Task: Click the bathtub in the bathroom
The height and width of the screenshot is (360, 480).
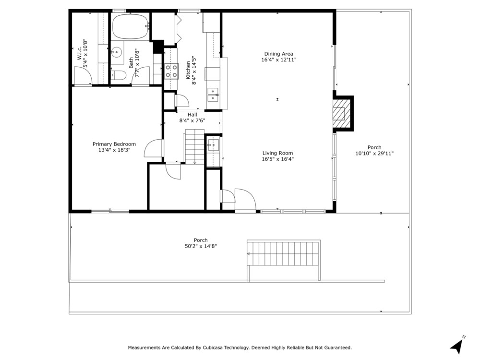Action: click(x=131, y=26)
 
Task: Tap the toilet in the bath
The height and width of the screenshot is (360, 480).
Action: click(x=118, y=75)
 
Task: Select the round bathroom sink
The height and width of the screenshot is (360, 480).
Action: click(x=116, y=52)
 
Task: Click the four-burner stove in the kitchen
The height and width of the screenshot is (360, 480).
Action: click(x=171, y=71)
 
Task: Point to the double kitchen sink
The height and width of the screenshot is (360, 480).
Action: click(x=213, y=95)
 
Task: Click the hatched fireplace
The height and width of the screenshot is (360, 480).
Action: click(x=342, y=114)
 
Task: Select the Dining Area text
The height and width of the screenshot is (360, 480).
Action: click(x=278, y=54)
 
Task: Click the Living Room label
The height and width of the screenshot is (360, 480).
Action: click(x=277, y=153)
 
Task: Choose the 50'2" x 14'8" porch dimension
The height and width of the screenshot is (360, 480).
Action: click(x=201, y=246)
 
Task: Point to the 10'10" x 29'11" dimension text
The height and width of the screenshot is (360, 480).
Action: click(x=374, y=154)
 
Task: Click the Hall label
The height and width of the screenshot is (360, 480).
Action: click(x=192, y=115)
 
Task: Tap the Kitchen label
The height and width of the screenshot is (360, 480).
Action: click(x=188, y=70)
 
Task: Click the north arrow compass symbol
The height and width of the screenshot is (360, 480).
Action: click(x=457, y=346)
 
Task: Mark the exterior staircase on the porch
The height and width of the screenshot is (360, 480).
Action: click(x=284, y=253)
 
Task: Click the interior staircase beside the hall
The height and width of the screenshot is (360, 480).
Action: click(x=195, y=146)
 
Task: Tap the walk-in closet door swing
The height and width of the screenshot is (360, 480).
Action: click(x=83, y=76)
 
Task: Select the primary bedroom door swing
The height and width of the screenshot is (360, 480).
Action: click(x=154, y=148)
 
